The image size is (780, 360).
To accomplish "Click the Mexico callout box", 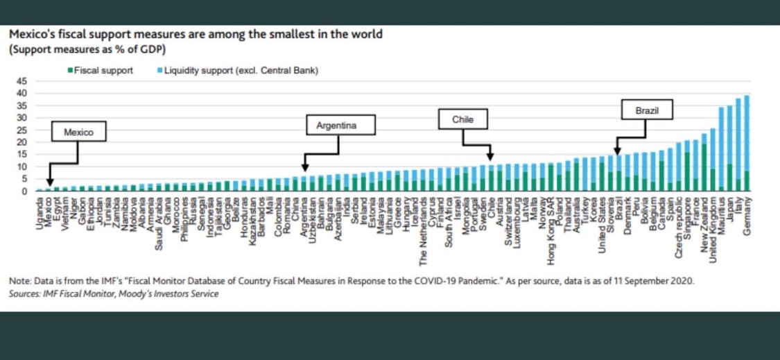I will point(78,132).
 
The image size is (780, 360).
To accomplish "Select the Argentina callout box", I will point(340,126).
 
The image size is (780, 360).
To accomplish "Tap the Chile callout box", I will point(462,119).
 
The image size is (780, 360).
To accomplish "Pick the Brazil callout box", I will point(647,110).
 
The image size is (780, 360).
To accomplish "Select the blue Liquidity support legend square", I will point(160,71).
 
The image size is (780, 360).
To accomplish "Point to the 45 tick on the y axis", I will point(21,81).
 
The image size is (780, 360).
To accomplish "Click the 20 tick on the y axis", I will point(21,142).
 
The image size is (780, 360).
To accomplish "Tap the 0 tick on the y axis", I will point(24,191).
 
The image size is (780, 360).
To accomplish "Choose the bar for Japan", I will point(729,148).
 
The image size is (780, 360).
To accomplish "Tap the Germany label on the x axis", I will point(747,216).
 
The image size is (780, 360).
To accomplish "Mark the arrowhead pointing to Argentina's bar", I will point(304,168).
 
